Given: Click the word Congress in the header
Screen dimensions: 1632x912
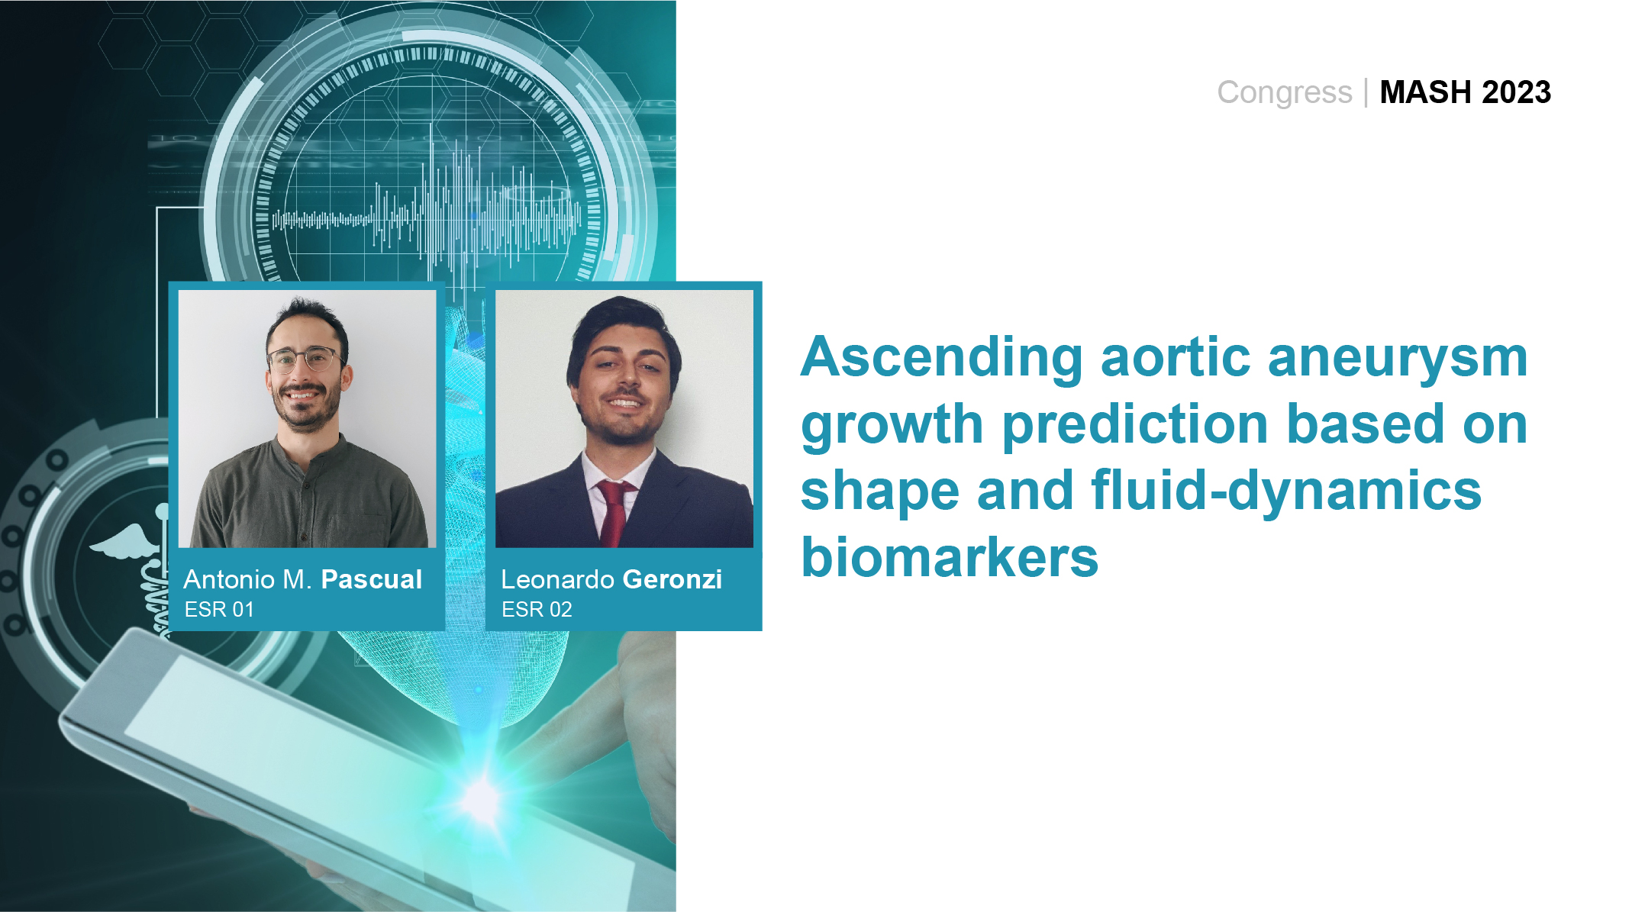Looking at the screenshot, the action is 1284,93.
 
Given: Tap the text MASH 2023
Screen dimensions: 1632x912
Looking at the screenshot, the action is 1466,92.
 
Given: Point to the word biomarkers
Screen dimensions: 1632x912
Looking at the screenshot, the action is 950,557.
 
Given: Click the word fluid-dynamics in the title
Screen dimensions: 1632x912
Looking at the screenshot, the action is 1286,491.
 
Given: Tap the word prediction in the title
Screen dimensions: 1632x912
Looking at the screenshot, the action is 1136,424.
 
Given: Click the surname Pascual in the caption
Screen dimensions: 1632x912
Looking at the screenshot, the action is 372,579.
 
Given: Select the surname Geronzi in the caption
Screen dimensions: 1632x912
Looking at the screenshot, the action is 672,579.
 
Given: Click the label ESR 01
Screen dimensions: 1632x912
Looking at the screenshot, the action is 219,610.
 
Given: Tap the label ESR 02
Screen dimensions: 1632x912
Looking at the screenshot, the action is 537,610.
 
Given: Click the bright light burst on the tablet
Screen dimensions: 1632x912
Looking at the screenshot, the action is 482,798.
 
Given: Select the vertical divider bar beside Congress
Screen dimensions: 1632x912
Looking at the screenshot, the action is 1366,93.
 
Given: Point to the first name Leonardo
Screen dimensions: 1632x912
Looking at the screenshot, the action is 558,579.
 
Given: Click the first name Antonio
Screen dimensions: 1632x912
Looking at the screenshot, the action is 230,579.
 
